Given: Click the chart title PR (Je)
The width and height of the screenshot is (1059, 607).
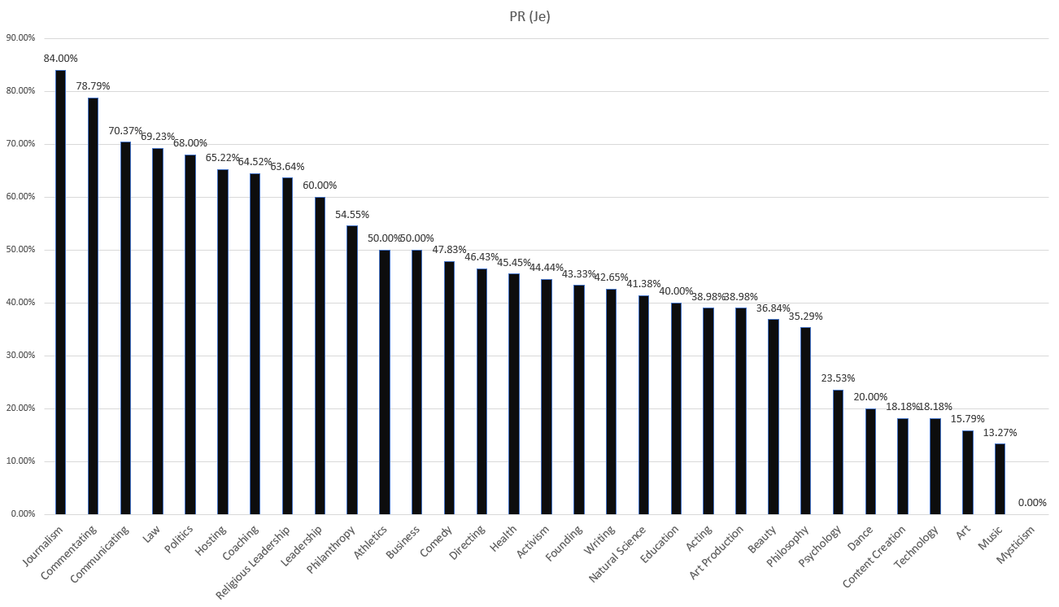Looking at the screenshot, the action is point(529,17).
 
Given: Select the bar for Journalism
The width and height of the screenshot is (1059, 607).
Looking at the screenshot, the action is point(60,292).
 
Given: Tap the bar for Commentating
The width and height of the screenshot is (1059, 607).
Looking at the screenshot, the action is point(94,306).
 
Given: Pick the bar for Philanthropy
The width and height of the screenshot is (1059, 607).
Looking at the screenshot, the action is point(352,370).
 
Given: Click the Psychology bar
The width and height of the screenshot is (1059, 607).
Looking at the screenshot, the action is point(838,452).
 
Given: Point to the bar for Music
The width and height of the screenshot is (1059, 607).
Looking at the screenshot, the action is point(1000,478).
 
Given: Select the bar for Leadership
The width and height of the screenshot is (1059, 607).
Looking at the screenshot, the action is point(320,356).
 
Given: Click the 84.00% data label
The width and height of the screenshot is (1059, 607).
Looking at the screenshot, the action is point(60,59).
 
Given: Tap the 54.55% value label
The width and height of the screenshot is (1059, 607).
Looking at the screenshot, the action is point(352,214).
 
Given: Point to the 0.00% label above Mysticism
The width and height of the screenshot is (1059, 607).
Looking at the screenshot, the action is point(1032,502).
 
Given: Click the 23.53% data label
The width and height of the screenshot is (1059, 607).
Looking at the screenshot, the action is point(838,378).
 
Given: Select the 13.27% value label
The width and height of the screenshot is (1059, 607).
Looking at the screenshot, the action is point(1000,432).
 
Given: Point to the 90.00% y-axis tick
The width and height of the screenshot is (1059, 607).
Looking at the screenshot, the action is point(21,38).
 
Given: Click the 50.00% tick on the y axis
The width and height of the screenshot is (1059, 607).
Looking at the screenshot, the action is point(21,249).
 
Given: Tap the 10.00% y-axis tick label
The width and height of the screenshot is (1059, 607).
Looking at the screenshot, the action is point(21,461).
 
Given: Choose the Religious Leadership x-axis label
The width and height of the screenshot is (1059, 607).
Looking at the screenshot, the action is point(253,561).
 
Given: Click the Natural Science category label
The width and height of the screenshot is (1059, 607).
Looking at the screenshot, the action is point(617,554).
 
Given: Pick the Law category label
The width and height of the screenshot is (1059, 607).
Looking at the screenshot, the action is point(152,534).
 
